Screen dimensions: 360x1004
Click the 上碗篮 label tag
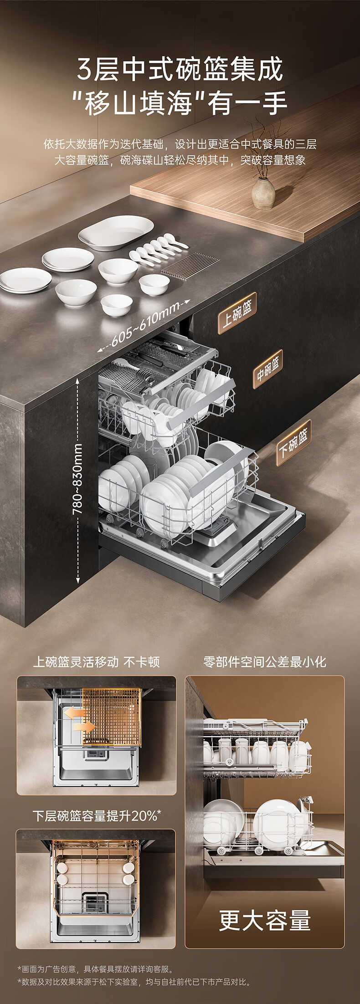237,313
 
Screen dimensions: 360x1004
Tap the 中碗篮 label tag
267,369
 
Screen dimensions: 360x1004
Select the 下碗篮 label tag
293,442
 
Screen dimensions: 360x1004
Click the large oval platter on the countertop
116,232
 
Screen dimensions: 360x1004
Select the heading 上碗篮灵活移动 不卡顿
96,662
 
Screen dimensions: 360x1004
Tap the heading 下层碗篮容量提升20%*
97,815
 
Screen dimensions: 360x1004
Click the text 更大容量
264,920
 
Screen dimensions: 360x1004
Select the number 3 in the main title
85,69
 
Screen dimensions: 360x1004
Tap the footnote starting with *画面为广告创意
95,969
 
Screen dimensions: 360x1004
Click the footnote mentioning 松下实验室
134,982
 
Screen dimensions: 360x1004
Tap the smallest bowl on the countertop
116,304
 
